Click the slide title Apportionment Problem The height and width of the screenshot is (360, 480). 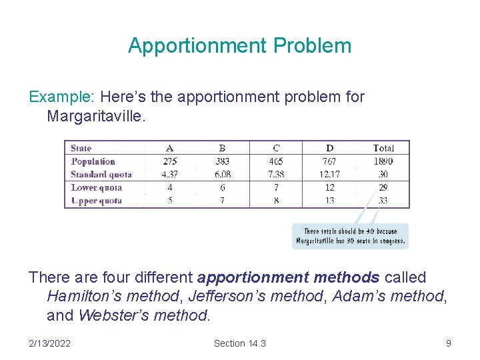[x=239, y=45]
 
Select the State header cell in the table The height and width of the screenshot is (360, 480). [x=81, y=148]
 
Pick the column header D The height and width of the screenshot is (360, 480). [x=329, y=148]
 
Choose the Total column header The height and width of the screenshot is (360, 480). [x=383, y=148]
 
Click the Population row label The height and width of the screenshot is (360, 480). [x=93, y=161]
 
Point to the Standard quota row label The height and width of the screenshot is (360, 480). [x=101, y=175]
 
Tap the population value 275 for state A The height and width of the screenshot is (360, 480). [x=170, y=161]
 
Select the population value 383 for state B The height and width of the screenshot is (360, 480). [x=222, y=161]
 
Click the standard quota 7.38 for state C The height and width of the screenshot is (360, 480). [x=276, y=175]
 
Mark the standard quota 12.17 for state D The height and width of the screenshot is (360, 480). [x=329, y=175]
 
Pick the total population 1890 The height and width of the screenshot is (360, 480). [x=383, y=161]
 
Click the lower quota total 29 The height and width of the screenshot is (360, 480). [x=383, y=188]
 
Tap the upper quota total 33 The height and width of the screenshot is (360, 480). [x=383, y=201]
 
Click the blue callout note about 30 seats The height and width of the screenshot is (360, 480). [x=351, y=236]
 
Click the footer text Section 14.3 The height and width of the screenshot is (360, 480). [x=239, y=343]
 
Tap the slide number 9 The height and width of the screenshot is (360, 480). [x=448, y=343]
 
